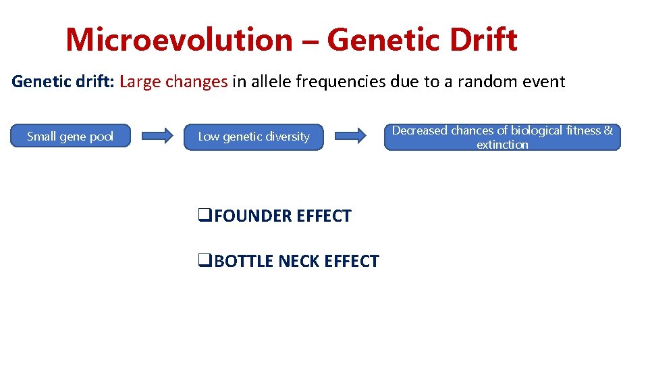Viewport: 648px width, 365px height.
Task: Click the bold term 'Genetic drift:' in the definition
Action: click(x=63, y=82)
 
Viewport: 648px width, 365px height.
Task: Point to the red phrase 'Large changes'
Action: click(x=173, y=82)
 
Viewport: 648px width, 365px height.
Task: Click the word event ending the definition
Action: click(x=543, y=82)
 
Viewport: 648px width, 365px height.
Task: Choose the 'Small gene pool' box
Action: click(x=70, y=137)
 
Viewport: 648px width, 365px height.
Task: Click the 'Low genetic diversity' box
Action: click(x=254, y=137)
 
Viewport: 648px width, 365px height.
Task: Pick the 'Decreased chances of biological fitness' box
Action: click(x=502, y=137)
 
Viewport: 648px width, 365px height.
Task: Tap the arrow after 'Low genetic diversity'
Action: click(x=350, y=137)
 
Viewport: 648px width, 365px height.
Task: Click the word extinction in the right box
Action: click(x=502, y=145)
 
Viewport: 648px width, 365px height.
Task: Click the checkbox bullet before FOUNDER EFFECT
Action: click(x=201, y=216)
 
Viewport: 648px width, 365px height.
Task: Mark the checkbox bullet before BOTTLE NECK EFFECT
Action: click(x=201, y=262)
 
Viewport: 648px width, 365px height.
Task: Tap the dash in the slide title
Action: click(x=310, y=41)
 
